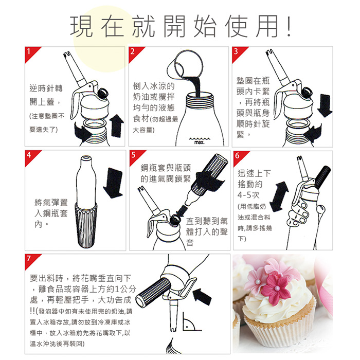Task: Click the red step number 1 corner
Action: pos(30,52)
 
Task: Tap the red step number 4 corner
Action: pos(30,156)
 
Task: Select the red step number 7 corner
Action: pos(30,260)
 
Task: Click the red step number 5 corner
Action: pos(135,156)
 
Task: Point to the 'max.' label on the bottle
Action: pos(200,142)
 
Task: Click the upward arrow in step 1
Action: pos(117,126)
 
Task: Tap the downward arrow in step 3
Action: pos(325,105)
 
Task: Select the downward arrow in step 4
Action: pos(113,183)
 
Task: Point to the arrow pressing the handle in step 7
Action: pos(202,297)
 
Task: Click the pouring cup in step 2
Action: pos(185,65)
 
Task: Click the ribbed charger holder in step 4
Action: pos(86,225)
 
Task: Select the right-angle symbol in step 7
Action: pos(191,322)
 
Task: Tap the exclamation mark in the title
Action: pos(289,26)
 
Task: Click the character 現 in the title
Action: pos(82,26)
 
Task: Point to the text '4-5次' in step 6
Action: pos(248,195)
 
